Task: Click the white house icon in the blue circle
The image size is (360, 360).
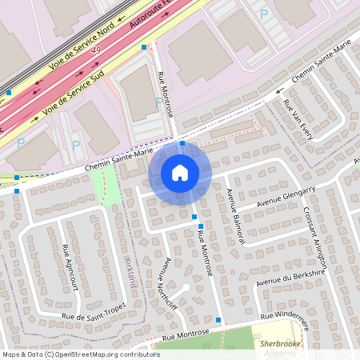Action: [x=180, y=172]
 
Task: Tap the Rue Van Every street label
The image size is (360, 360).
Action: [x=297, y=118]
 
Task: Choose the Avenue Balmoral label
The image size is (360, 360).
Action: [x=234, y=207]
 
